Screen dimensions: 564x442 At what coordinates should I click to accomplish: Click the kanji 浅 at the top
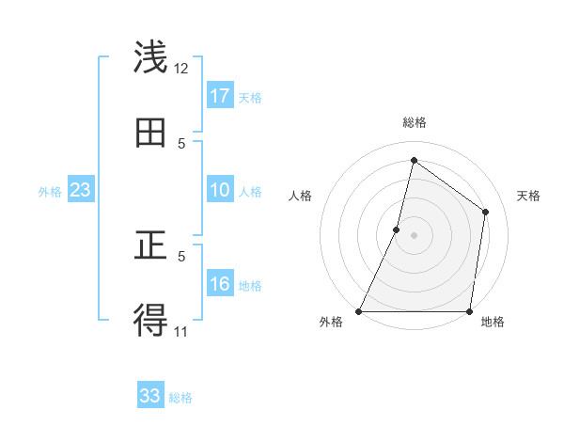click(151, 57)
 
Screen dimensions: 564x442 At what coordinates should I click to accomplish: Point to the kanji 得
click(151, 321)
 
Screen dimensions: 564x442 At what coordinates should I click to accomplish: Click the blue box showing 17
click(220, 96)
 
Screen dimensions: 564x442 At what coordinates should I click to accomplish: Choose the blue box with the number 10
click(220, 190)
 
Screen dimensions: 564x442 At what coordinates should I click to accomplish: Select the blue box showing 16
click(220, 285)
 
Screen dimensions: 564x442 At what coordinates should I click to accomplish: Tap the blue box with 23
click(81, 190)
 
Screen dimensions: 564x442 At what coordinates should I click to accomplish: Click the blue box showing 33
click(150, 396)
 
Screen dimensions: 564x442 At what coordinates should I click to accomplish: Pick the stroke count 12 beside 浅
click(181, 68)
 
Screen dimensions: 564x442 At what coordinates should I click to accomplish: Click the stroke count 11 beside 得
click(181, 331)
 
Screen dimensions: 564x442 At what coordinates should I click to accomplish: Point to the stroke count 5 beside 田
click(181, 143)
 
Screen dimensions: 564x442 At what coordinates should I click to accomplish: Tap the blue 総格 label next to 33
click(180, 398)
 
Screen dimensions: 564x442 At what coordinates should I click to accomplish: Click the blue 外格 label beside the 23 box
click(50, 192)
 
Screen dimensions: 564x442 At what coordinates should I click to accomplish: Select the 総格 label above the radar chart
click(414, 122)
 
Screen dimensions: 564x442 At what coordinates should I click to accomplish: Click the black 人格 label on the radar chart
click(301, 196)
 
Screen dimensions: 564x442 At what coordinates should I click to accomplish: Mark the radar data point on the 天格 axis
click(486, 212)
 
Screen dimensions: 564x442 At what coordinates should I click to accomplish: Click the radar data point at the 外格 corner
click(359, 311)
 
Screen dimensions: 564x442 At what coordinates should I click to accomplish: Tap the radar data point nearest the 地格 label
click(469, 311)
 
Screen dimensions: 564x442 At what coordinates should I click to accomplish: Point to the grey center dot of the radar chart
click(414, 235)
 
